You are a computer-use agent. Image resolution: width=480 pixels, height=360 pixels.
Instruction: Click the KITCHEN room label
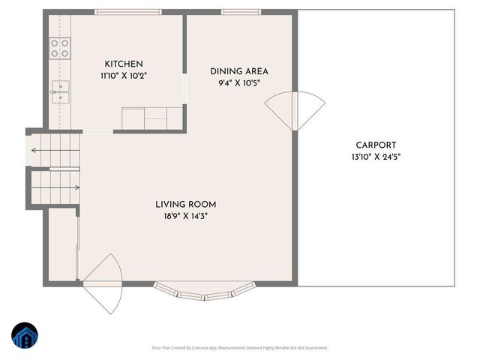(x=124, y=64)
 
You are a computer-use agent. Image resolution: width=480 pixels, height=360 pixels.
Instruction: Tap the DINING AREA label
(x=238, y=72)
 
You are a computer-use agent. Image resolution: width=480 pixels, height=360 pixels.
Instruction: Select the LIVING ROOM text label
(x=186, y=204)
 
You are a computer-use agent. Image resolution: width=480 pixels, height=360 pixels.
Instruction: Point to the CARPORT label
(x=376, y=145)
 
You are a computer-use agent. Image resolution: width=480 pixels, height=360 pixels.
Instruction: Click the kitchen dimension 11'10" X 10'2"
(x=124, y=76)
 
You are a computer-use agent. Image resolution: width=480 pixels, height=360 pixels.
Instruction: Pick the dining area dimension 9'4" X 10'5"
(x=238, y=83)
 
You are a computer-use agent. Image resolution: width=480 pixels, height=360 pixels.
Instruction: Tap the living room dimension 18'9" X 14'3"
(x=186, y=215)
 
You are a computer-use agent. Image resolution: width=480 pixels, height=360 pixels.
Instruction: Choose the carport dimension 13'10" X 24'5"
(x=376, y=157)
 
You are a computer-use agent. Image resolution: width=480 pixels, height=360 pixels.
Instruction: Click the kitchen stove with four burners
(x=60, y=49)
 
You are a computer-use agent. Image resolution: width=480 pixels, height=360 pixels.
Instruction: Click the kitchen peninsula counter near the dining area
(x=153, y=118)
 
